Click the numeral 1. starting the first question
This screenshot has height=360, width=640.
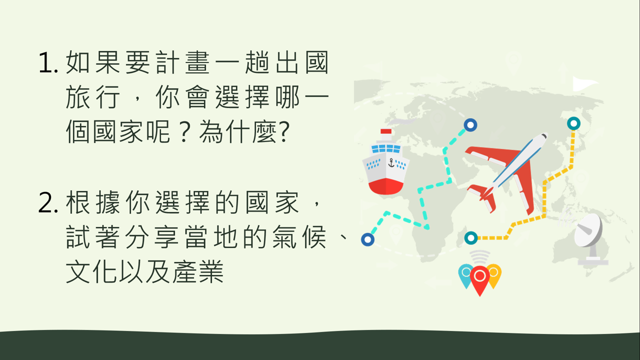48,62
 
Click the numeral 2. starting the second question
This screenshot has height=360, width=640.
48,202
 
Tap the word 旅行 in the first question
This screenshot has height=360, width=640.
92,97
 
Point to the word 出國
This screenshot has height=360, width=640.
301,62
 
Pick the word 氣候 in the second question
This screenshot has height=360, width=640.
299,237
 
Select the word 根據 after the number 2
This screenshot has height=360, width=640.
92,202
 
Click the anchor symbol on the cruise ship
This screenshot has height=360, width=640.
391,162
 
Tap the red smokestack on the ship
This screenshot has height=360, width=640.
386,131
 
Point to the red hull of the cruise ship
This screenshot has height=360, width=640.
385,186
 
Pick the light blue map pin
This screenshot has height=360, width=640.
465,275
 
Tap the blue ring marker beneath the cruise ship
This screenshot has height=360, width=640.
367,239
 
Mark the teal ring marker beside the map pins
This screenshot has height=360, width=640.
471,238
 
